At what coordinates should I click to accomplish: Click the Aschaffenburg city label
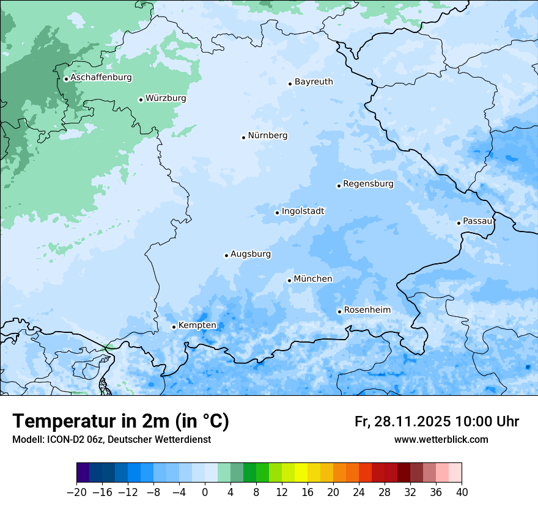tap(101, 78)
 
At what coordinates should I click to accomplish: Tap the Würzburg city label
tap(166, 98)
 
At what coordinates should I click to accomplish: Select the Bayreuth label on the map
tap(314, 82)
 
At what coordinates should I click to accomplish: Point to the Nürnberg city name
tap(267, 136)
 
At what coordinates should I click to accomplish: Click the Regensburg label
tap(368, 184)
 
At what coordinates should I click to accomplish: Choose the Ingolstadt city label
tap(303, 211)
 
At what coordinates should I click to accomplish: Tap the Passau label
tap(477, 221)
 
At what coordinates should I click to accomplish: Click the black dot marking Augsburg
tap(226, 255)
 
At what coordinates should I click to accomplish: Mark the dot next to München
tap(289, 280)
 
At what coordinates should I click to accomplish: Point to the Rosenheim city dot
tap(339, 312)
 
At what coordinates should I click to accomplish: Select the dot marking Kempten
tap(174, 327)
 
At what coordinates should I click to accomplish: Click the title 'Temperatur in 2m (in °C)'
tap(120, 421)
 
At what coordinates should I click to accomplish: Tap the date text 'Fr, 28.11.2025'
tap(402, 421)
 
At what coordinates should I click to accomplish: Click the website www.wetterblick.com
tap(441, 439)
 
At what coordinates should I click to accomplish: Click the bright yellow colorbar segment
tap(301, 473)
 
